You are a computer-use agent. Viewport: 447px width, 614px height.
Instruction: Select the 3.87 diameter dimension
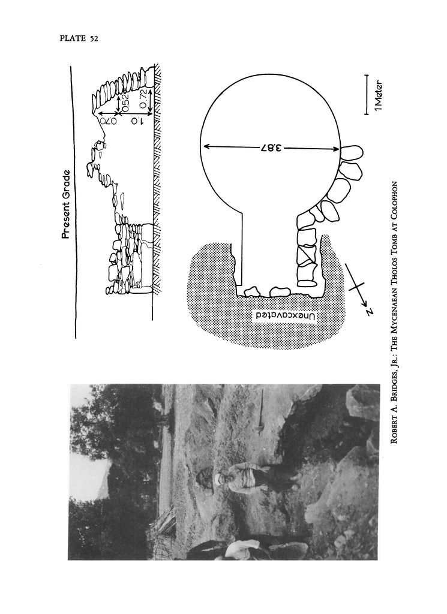[x=271, y=148]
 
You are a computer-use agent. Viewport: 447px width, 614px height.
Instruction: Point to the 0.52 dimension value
[x=125, y=103]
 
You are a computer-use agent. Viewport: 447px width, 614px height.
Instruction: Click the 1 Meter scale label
[x=378, y=97]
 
